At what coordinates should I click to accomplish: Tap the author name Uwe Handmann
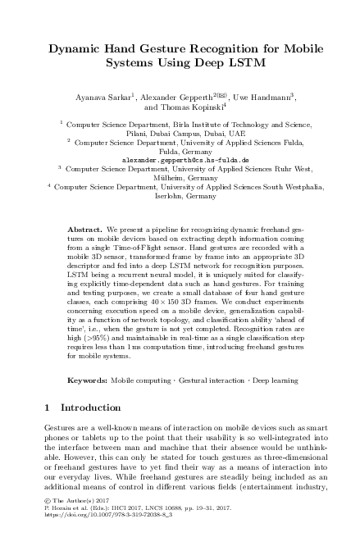click(x=276, y=95)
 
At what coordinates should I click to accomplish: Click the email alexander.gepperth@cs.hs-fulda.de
click(x=180, y=158)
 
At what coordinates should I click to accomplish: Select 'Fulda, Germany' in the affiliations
click(x=180, y=150)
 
